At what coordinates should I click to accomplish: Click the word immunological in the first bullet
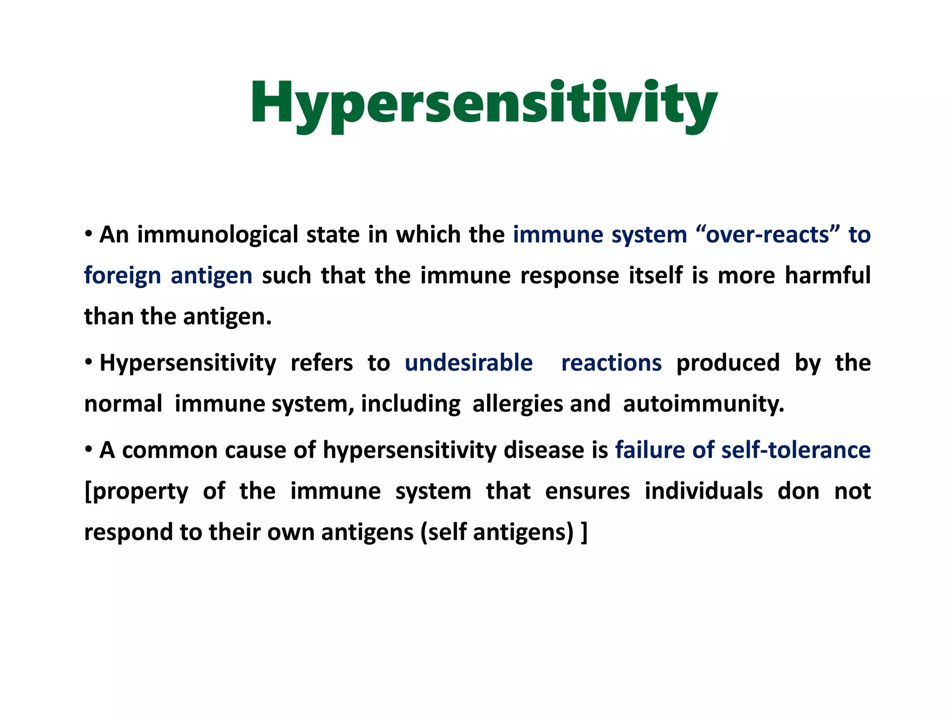pyautogui.click(x=217, y=235)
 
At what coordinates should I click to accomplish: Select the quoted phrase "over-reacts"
pyautogui.click(x=768, y=235)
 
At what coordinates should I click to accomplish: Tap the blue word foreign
pyautogui.click(x=122, y=276)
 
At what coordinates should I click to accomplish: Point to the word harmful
pyautogui.click(x=827, y=275)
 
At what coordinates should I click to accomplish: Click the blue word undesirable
pyautogui.click(x=468, y=363)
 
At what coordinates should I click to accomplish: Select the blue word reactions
pyautogui.click(x=611, y=363)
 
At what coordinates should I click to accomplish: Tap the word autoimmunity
pyautogui.click(x=703, y=404)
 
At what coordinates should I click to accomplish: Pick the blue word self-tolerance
pyautogui.click(x=796, y=450)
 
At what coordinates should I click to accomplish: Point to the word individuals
pyautogui.click(x=703, y=491)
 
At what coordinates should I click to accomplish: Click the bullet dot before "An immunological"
pyautogui.click(x=88, y=234)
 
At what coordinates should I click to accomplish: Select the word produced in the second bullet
pyautogui.click(x=728, y=363)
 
